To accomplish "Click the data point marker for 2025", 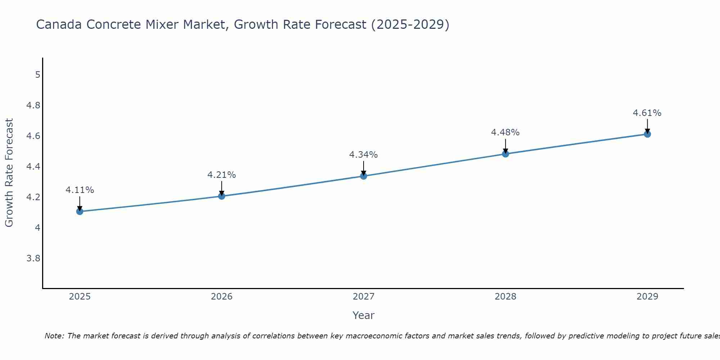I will point(80,211).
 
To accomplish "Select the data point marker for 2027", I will point(364,176).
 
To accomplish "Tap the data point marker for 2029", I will point(647,134).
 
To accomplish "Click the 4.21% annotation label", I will point(221,175).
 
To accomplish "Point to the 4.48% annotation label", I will point(505,132).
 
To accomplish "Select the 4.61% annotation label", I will point(647,113).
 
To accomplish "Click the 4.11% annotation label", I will point(80,190).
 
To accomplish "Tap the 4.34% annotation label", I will point(363,155).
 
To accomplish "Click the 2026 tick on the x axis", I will point(221,297).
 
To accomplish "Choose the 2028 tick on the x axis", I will point(505,297).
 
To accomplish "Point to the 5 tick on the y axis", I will point(37,75).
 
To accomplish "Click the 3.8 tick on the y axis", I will point(33,258).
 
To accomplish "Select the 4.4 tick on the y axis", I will point(33,167).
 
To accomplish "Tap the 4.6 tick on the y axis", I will point(33,136).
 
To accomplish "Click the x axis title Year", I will point(363,315).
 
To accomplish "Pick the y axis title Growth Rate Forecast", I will point(9,173).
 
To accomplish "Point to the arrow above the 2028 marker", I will point(505,145).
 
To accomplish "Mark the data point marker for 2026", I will point(222,196).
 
